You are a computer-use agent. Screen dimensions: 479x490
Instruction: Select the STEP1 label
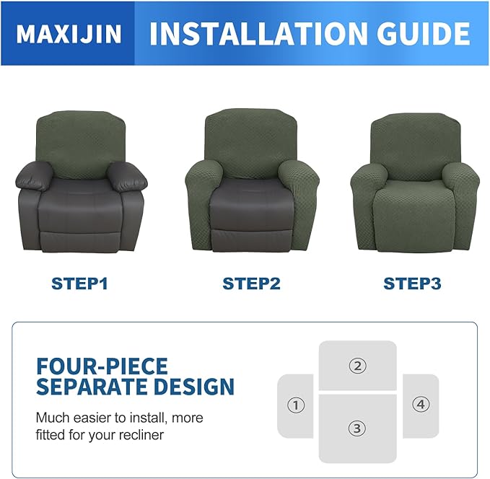(79, 284)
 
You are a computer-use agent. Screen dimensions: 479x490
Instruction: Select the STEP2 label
(251, 284)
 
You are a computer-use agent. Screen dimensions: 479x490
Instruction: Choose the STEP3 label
(412, 284)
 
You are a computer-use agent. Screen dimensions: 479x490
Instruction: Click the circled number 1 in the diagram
(295, 405)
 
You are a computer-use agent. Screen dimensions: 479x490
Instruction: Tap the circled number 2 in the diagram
(357, 366)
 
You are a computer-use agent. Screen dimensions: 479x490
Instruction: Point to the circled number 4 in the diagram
(421, 405)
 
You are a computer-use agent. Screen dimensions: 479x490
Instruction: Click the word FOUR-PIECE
(102, 366)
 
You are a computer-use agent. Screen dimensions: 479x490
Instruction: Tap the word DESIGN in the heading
(195, 387)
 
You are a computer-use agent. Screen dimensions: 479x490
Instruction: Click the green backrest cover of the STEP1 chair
(79, 141)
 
